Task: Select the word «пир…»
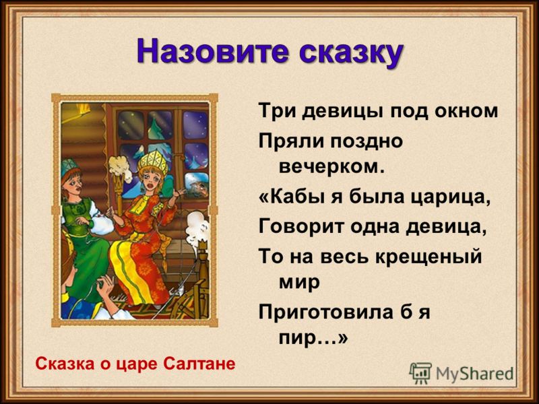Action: point(313,339)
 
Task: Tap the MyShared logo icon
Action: point(420,373)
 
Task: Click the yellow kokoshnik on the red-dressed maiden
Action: point(153,162)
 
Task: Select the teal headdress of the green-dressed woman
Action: point(70,167)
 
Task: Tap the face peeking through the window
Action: point(197,188)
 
